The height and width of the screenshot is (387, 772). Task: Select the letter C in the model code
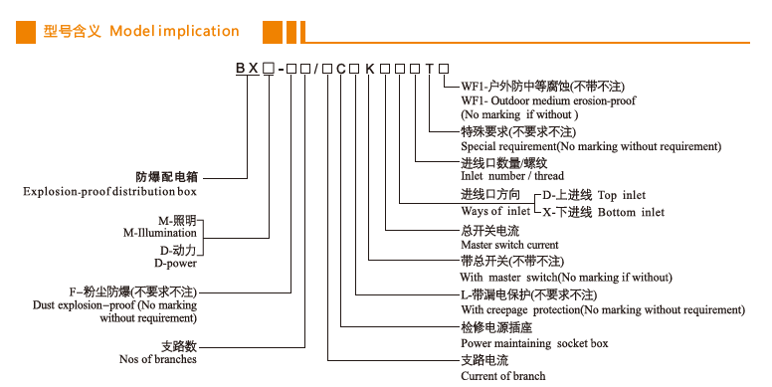pos(340,68)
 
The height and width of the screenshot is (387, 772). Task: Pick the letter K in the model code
pos(370,68)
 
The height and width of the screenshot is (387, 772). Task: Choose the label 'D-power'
pos(175,264)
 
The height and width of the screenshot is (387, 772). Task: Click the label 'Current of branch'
pos(503,375)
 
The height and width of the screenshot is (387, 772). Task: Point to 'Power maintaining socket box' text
pos(534,343)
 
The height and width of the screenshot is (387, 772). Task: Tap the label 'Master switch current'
pos(509,244)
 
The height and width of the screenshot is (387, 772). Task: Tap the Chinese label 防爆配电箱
pos(166,175)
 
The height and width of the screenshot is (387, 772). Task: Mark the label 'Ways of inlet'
pos(495,212)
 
